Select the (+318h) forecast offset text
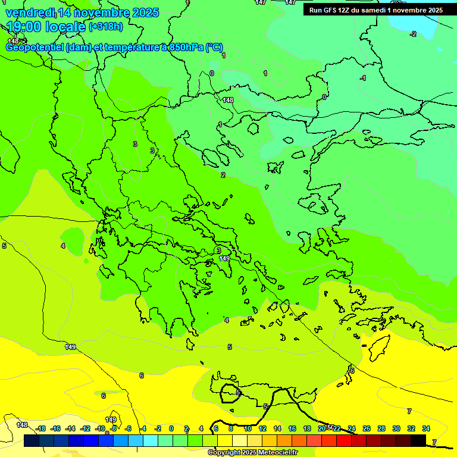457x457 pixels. [106, 26]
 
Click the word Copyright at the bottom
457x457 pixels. [225, 453]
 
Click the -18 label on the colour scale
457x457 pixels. [40, 428]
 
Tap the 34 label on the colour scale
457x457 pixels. [426, 428]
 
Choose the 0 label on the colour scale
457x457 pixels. [171, 428]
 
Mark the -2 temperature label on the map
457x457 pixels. [413, 34]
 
